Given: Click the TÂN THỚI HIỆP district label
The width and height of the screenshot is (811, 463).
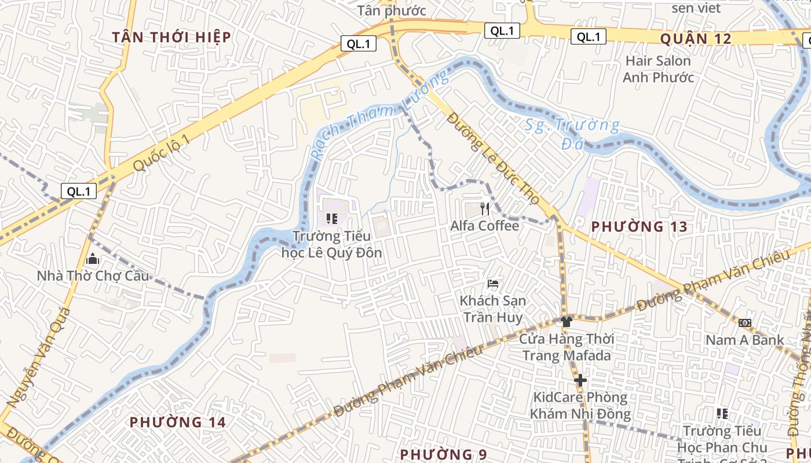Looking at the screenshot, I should click(171, 38).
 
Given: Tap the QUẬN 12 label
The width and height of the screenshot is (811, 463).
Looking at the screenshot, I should click(696, 39).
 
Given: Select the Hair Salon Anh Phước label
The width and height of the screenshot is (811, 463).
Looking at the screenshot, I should click(659, 69).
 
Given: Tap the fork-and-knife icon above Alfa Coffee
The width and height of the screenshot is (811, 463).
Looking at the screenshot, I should click(485, 208).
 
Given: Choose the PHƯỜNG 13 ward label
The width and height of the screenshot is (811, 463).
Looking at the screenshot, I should click(639, 227).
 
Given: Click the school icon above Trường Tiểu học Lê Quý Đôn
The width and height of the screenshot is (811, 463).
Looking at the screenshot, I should click(332, 219).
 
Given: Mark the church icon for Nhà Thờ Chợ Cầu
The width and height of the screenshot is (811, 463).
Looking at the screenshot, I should click(92, 259).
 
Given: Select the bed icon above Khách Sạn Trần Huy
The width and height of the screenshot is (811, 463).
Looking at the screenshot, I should click(493, 284).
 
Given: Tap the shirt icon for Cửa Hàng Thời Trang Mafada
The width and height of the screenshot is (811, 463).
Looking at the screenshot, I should click(567, 321).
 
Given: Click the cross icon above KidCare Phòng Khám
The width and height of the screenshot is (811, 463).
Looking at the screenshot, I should click(580, 380).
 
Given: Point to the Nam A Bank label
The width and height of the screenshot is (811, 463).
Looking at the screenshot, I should click(744, 340).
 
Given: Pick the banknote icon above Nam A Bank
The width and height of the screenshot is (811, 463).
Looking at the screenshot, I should click(745, 322).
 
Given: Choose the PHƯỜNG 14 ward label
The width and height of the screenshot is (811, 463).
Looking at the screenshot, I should click(177, 422).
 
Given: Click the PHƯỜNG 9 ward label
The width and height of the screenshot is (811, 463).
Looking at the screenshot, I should click(443, 454).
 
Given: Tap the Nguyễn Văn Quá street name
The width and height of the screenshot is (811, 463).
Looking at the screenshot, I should click(39, 357).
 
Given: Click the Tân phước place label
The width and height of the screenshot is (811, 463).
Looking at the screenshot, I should click(392, 10).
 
